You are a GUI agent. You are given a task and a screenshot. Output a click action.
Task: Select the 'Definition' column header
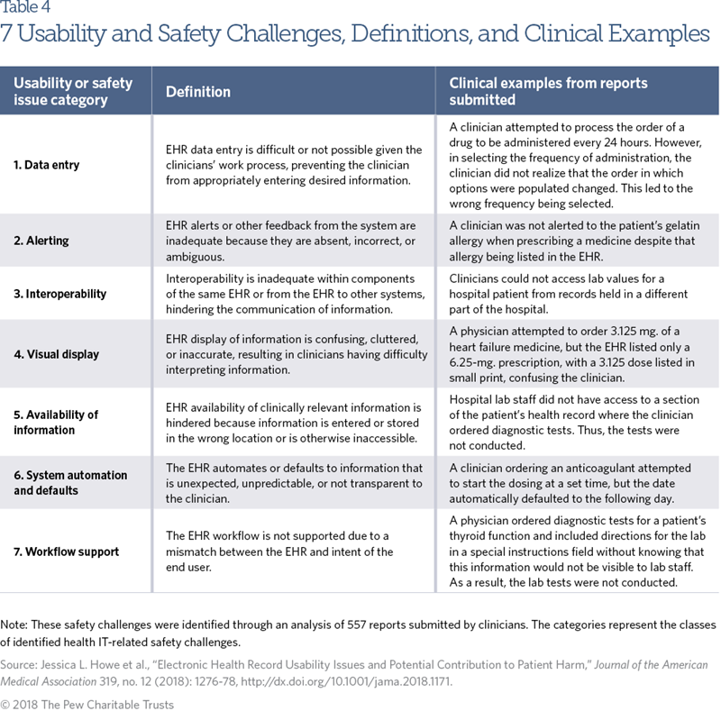(198, 91)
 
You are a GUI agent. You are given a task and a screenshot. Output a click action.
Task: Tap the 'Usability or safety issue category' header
(72, 91)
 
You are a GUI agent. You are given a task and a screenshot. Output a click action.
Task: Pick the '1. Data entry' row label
(47, 165)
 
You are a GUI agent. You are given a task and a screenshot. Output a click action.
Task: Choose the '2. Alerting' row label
(41, 241)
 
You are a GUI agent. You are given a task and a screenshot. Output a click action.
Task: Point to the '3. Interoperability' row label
(60, 294)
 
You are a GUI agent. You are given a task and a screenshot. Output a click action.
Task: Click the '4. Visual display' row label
(57, 354)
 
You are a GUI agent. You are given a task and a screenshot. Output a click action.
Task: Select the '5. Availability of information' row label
(56, 422)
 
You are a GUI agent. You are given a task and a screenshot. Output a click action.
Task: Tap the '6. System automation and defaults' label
(70, 483)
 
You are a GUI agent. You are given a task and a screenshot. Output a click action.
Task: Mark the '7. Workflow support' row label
(66, 551)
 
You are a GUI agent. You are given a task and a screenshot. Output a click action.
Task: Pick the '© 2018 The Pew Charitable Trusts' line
(88, 704)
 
